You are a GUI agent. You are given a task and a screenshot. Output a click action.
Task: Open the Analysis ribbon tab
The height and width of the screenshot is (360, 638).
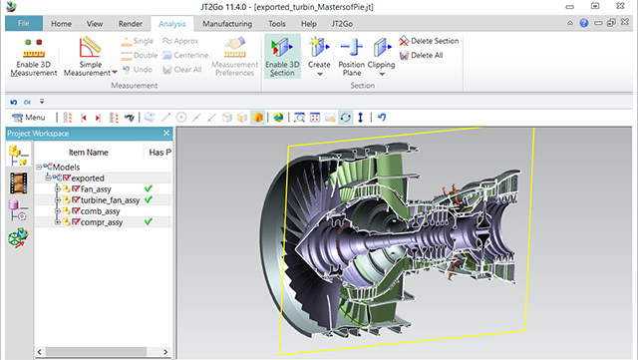172,24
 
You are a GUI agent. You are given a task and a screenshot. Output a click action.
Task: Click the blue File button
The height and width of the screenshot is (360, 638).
24,23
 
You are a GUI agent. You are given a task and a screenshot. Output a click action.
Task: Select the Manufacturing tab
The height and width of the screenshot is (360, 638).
227,24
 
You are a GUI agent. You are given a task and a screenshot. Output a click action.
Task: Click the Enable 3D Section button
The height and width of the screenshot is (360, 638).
282,56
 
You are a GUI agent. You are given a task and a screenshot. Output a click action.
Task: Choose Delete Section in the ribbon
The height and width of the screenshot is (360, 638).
429,41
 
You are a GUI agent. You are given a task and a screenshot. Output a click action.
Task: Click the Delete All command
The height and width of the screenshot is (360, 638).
421,55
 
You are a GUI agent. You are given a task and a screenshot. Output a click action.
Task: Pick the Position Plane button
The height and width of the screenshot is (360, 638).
352,57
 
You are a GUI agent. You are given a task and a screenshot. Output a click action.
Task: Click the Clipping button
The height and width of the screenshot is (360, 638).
381,57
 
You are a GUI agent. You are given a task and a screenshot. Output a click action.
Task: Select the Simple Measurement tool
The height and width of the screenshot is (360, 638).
91,57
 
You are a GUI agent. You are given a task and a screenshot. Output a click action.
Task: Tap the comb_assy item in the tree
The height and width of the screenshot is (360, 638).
100,211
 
